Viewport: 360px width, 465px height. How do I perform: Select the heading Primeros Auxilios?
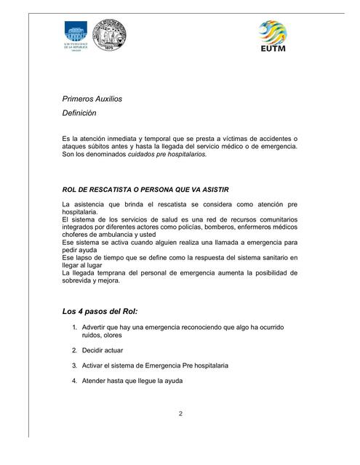pos(93,98)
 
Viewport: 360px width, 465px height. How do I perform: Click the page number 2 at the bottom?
pos(180,414)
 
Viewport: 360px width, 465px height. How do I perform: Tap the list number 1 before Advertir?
pos(75,328)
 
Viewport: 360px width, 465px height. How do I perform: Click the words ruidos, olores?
pos(101,336)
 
